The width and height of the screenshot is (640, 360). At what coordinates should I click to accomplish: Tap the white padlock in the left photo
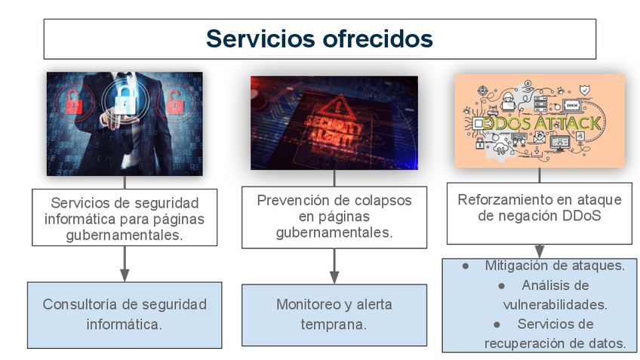coord(122,100)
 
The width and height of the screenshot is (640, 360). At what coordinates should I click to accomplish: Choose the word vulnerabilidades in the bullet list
coord(555,304)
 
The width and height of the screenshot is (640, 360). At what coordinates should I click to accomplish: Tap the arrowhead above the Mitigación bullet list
coord(539,251)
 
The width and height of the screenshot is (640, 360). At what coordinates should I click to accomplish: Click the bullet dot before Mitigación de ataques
coord(466,266)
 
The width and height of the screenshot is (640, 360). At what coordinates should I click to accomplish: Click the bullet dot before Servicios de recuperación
coord(497,324)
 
